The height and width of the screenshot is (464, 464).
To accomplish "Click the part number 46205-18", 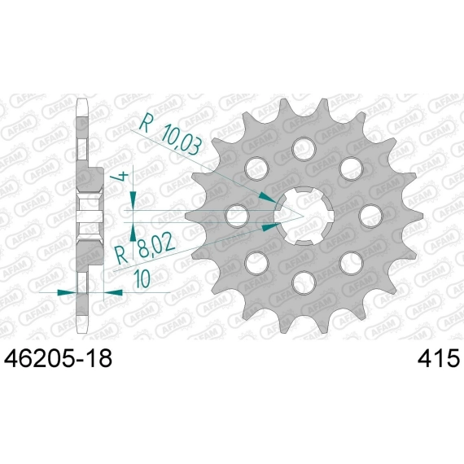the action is [58, 358].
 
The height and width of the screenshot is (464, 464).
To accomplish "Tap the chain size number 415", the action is [438, 358].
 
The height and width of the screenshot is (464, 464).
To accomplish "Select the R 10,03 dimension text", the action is [171, 135].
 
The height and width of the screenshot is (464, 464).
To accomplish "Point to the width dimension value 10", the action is [142, 278].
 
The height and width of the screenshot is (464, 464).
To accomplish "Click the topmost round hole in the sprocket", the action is [304, 149].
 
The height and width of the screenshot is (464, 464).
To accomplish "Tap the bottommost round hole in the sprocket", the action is [304, 282].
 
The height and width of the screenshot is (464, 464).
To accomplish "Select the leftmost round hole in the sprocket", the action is [237, 216].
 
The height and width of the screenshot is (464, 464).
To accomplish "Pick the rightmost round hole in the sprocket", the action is [370, 216].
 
